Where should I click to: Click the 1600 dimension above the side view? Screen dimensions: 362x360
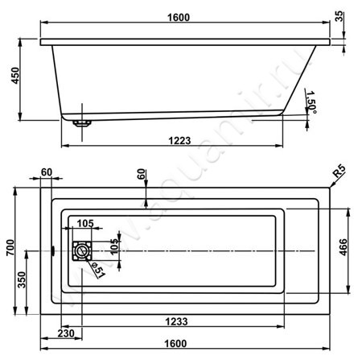pos(179,18)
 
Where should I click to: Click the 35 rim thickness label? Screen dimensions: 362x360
pos(339,16)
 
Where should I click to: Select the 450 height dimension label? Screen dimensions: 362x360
pos(15,76)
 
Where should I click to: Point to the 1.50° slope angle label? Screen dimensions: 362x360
pos(311,102)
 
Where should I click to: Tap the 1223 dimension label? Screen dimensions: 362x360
pos(179,141)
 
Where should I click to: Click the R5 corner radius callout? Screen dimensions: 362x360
pos(339,171)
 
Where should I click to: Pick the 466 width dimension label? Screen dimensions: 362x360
pos(343,247)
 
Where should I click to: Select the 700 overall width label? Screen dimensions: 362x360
pos(10,247)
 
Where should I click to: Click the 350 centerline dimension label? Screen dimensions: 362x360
pos(22,279)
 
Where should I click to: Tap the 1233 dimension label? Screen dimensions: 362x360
pos(176,321)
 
